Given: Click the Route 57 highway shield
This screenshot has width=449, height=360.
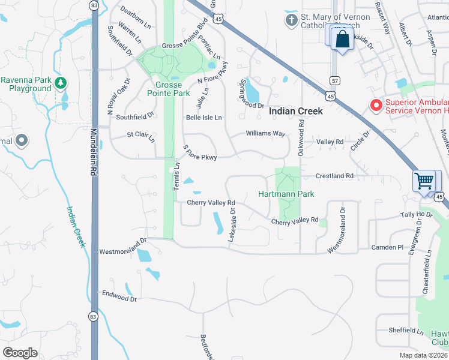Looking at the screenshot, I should click(335, 80).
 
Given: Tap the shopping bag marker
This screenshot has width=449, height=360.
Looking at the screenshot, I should click(342, 40).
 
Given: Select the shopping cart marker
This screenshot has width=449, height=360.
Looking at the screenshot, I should click(424, 180).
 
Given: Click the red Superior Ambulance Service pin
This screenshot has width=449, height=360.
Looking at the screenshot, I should click(376, 106).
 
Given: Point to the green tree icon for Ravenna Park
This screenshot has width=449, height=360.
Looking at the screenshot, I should click(59, 82).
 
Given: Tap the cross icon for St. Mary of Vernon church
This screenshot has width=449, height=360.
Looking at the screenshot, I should click(291, 21).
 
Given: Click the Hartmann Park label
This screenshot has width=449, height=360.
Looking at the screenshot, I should click(286, 194).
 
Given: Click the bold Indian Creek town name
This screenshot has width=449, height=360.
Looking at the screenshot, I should click(295, 111).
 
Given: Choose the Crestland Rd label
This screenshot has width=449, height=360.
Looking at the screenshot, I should click(335, 176).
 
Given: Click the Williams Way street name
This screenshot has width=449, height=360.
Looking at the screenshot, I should click(265, 134).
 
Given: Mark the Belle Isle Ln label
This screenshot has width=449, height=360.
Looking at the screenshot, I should click(203, 118).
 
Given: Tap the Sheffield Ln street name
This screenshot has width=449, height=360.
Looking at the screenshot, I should click(406, 330).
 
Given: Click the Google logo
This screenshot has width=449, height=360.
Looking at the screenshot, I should click(20, 352).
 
